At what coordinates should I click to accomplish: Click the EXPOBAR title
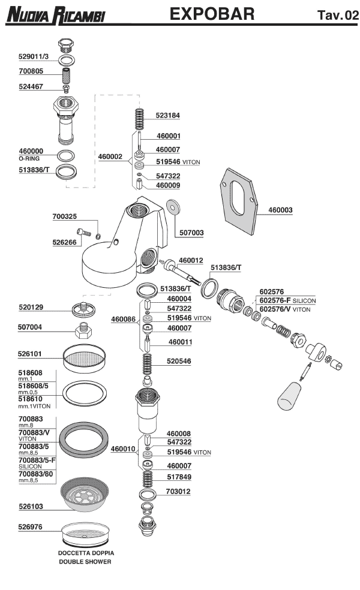(x=212, y=14)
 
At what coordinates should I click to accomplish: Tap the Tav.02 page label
(x=337, y=15)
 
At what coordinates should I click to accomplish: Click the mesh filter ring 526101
(x=86, y=359)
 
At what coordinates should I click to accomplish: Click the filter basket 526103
(x=86, y=496)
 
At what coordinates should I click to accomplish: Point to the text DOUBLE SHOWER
(x=85, y=562)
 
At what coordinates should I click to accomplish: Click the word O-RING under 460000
(x=29, y=158)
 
